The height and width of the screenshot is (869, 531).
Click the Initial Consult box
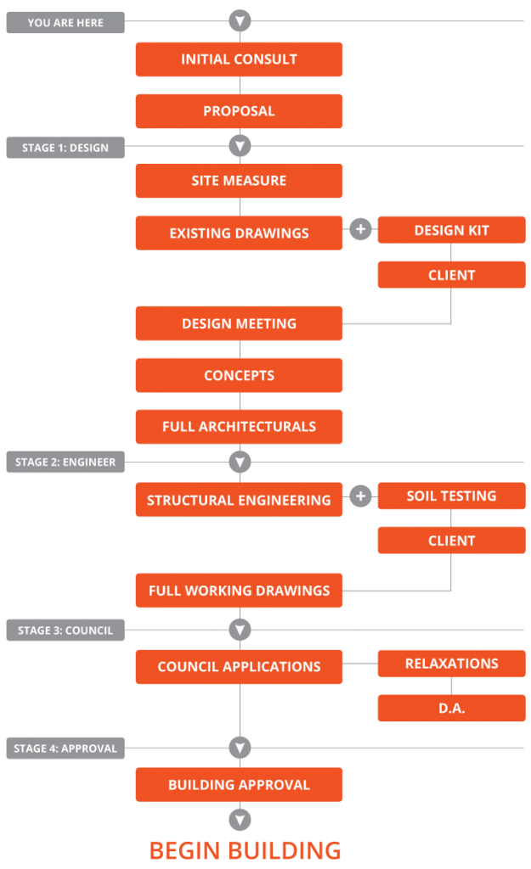click(239, 59)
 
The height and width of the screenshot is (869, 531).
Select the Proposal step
click(239, 111)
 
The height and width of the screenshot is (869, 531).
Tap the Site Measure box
click(239, 181)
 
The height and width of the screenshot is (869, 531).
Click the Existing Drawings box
click(239, 233)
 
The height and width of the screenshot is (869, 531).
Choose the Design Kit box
click(451, 230)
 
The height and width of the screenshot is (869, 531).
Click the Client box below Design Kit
click(451, 275)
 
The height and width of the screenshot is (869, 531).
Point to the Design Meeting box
click(239, 323)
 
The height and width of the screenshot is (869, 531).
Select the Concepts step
click(239, 375)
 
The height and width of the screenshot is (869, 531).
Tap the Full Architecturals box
click(239, 427)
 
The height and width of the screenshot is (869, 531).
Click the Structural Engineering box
click(239, 500)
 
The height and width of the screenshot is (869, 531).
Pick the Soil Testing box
click(451, 496)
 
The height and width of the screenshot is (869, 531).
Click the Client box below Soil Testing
click(451, 541)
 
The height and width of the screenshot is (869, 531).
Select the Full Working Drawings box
click(239, 591)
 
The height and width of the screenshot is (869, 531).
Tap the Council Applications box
click(239, 667)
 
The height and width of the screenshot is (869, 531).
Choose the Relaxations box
click(451, 664)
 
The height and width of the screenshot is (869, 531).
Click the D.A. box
click(451, 708)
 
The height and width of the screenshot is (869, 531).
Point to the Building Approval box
click(239, 785)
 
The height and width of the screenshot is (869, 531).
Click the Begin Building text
click(246, 849)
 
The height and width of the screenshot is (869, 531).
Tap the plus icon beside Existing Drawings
click(361, 230)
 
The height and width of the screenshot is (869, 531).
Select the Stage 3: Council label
click(65, 631)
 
